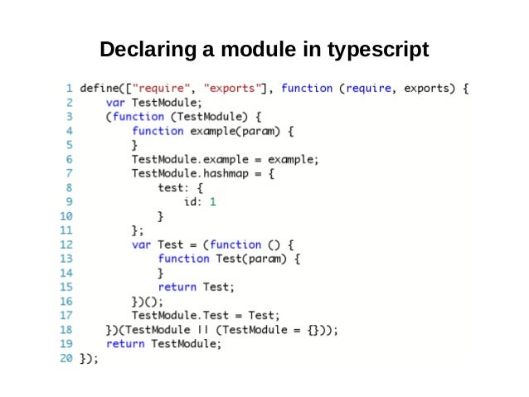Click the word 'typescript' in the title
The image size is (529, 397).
click(x=377, y=50)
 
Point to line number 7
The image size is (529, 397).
click(x=69, y=173)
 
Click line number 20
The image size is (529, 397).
click(x=66, y=359)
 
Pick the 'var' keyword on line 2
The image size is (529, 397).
click(x=115, y=103)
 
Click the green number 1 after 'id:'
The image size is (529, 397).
click(x=213, y=201)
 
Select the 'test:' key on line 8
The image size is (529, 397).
click(x=174, y=187)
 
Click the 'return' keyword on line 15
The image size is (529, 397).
click(x=177, y=287)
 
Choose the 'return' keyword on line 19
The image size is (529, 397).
click(x=125, y=344)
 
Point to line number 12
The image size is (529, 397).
click(x=66, y=244)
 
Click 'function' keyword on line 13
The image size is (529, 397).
click(x=184, y=259)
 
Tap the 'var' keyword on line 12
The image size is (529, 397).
click(x=142, y=244)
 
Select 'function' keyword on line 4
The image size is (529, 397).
click(x=158, y=131)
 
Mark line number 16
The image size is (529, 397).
click(x=66, y=302)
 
